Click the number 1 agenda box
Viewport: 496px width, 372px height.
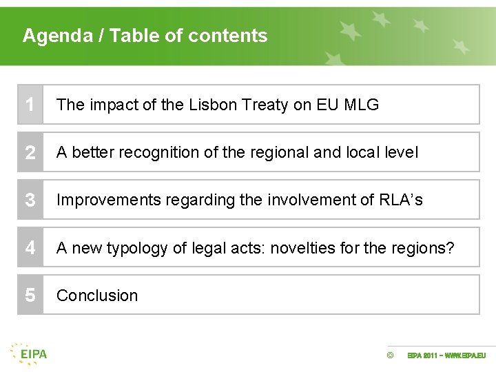click(x=30, y=105)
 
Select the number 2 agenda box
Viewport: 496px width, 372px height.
click(x=30, y=152)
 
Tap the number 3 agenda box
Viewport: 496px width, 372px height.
click(x=30, y=200)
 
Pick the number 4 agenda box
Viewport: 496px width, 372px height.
click(x=30, y=247)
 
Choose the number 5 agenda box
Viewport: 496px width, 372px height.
click(x=30, y=295)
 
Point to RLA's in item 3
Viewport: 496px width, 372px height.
click(x=401, y=200)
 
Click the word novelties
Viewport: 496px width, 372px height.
click(x=302, y=247)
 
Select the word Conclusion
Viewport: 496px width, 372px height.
click(x=97, y=296)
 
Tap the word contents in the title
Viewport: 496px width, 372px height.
click(x=232, y=36)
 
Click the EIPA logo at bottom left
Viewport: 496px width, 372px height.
click(x=29, y=353)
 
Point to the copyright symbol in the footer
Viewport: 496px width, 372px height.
click(x=390, y=355)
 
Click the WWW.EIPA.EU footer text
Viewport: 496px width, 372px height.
click(x=466, y=355)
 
